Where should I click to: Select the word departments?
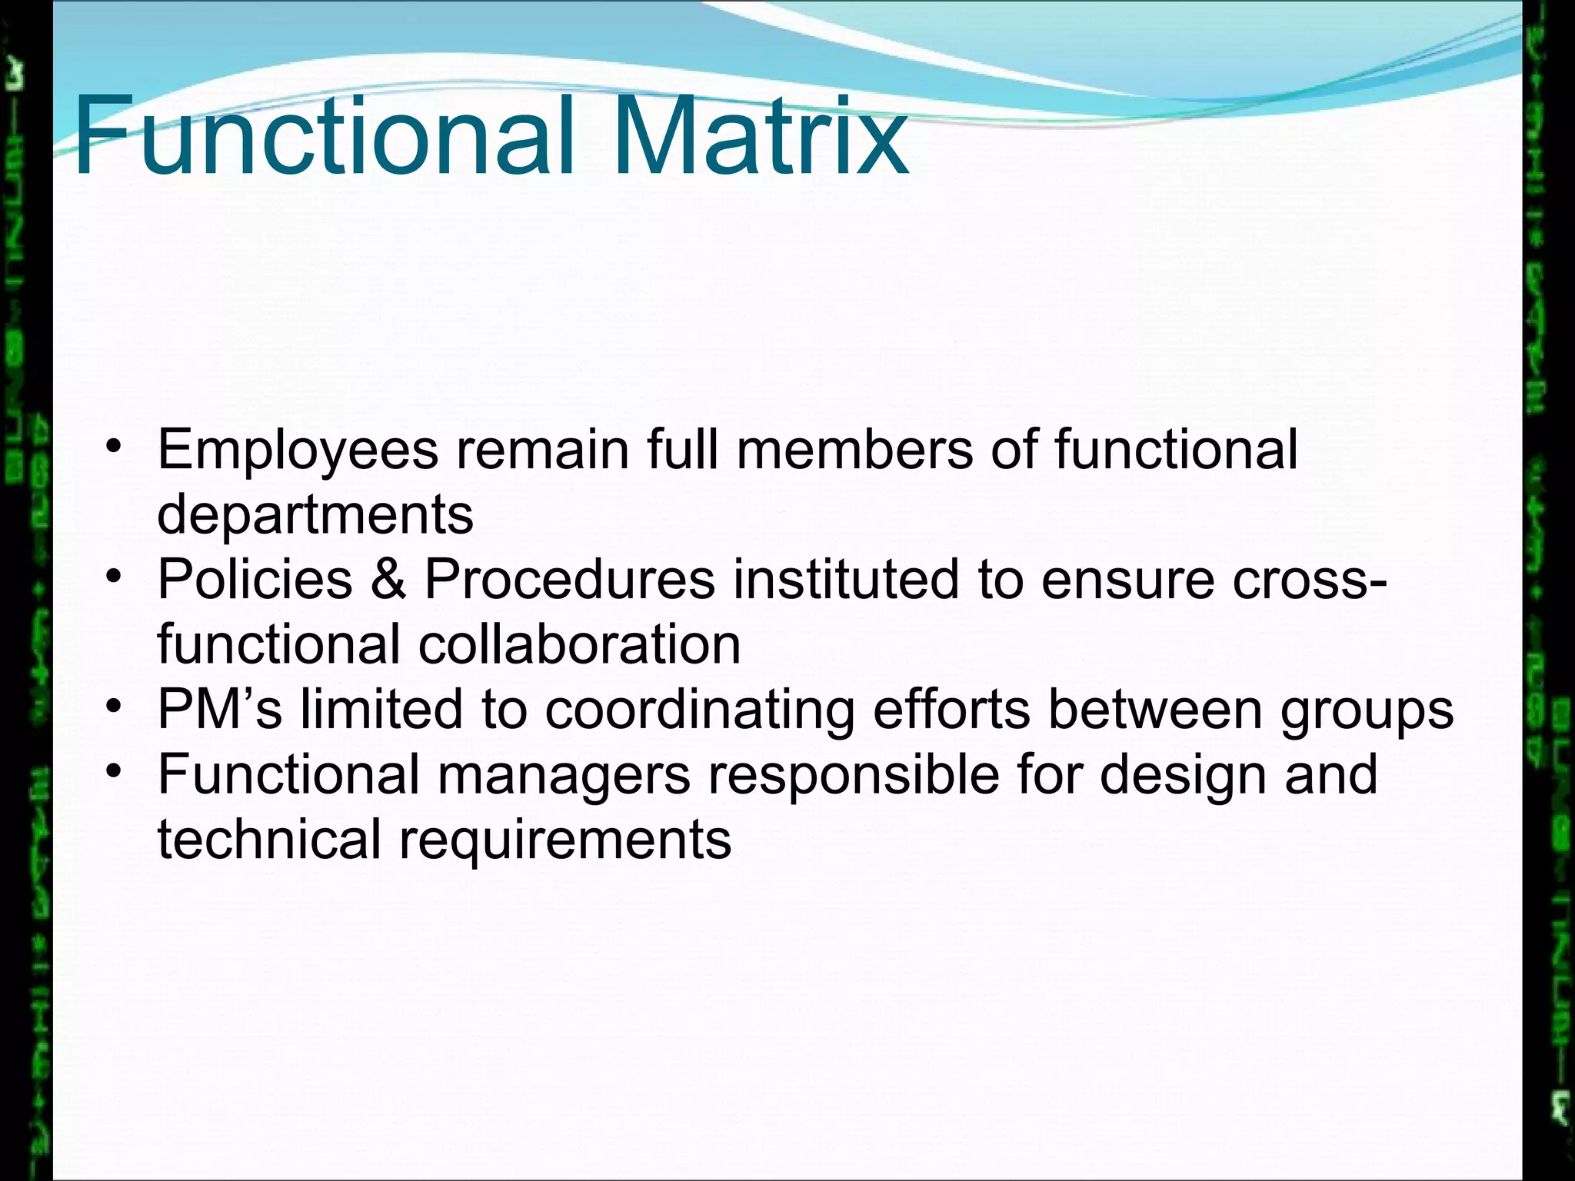pos(315,515)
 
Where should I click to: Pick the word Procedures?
pos(570,580)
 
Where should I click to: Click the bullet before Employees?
pos(114,447)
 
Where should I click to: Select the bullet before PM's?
pos(114,705)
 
